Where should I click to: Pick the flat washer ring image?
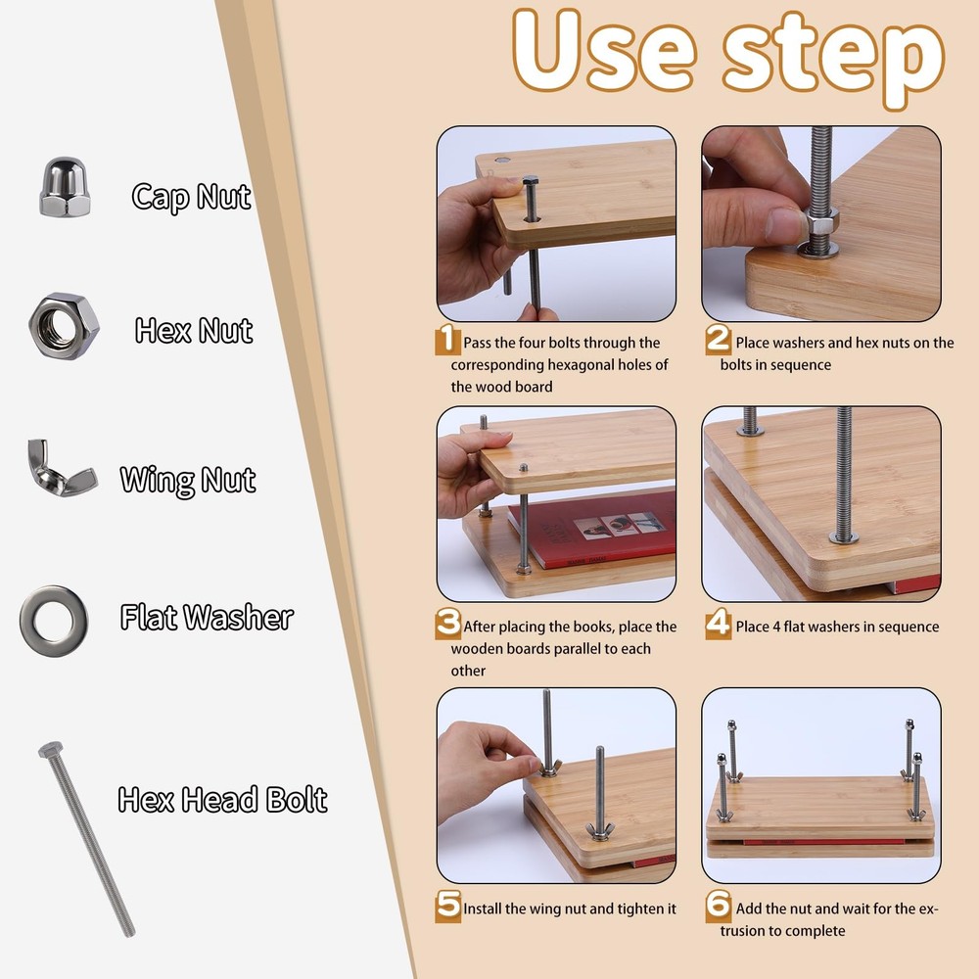[x=53, y=621]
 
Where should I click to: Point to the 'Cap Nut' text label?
[x=192, y=197]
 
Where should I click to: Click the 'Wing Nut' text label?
[x=188, y=480]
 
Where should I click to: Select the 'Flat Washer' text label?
[x=207, y=618]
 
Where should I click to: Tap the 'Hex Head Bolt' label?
[x=222, y=799]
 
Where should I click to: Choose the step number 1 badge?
[x=447, y=341]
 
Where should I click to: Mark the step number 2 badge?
[x=718, y=341]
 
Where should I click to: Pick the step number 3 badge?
[x=447, y=624]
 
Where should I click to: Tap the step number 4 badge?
[x=718, y=625]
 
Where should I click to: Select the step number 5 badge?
[x=447, y=906]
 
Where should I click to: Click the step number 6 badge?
[x=718, y=906]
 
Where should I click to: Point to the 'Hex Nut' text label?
[x=194, y=331]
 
